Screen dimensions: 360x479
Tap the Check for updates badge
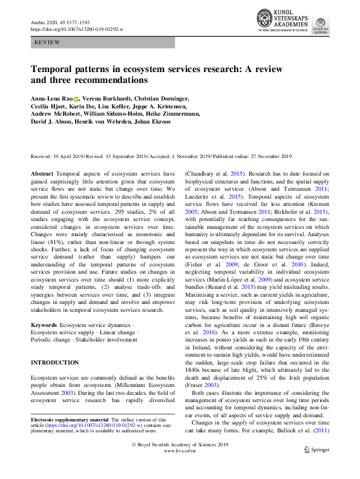tap(321, 27)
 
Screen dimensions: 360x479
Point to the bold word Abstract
tap(42, 173)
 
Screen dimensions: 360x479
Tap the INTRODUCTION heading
tap(54, 363)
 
